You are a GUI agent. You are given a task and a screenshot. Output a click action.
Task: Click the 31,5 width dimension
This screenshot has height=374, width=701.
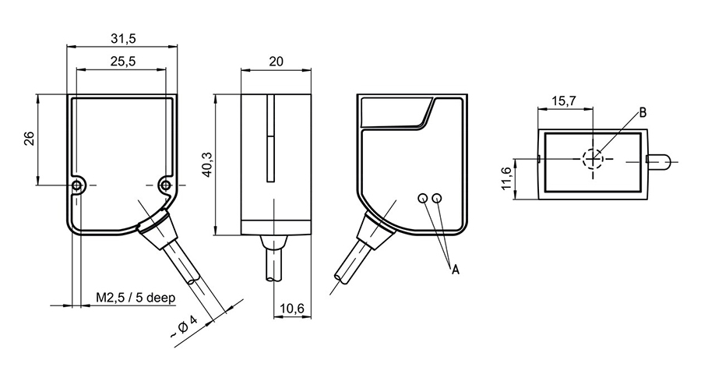[122, 38]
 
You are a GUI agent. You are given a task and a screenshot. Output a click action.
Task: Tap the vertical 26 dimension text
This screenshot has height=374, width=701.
[29, 139]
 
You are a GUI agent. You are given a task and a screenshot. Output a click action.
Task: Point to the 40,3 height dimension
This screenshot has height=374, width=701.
[206, 164]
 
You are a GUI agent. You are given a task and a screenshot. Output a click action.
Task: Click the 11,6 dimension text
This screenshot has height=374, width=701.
[507, 178]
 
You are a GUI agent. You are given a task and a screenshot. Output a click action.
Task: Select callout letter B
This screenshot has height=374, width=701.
[643, 112]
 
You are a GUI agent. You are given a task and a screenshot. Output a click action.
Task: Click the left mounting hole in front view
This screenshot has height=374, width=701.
[77, 185]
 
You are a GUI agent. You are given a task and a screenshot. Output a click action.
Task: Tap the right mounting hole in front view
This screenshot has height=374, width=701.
[164, 185]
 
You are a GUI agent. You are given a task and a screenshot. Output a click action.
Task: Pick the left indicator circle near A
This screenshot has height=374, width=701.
[422, 198]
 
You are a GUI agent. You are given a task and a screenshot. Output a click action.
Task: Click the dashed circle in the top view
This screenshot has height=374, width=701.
[593, 158]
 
